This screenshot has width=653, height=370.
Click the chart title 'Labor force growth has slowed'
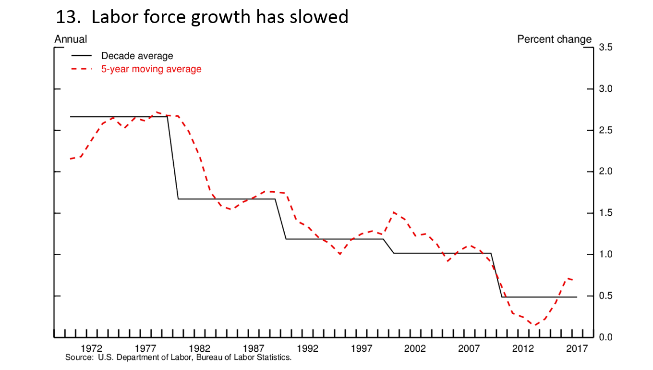219,17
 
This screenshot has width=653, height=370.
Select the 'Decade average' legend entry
137,56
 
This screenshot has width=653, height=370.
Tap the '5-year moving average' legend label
151,69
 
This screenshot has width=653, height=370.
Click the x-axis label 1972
91,348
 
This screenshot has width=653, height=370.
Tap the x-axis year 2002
415,348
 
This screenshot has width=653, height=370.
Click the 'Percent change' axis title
554,39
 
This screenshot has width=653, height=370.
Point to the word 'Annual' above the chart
71,39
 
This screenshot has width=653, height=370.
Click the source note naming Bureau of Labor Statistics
178,358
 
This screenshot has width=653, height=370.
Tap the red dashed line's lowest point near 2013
534,325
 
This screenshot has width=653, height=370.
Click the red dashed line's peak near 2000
394,212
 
